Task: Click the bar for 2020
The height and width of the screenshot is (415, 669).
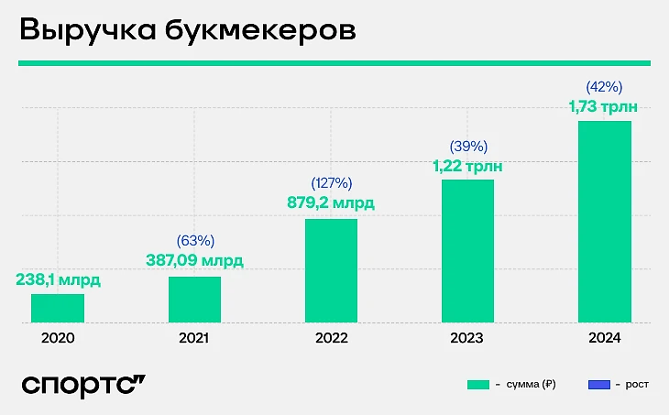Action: tap(58, 308)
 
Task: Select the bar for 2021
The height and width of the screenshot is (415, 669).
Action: tap(194, 300)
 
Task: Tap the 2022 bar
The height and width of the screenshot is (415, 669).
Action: tap(331, 270)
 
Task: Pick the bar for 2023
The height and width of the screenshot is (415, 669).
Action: tap(467, 251)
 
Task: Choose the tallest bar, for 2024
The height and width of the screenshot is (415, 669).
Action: tap(604, 222)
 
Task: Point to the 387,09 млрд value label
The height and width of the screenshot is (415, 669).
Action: tap(194, 260)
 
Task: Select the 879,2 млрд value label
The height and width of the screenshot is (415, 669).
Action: tap(331, 202)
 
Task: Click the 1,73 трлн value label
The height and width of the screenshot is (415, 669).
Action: tap(604, 107)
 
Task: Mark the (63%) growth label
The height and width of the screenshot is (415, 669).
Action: tap(194, 241)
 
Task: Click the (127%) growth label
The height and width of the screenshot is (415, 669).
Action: tap(331, 183)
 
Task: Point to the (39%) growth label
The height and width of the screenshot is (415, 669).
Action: tap(467, 146)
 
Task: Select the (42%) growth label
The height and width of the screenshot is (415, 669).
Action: tap(604, 88)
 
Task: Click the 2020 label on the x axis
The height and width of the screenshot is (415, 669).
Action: tap(58, 338)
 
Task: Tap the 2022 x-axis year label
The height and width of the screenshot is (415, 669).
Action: tap(331, 338)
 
